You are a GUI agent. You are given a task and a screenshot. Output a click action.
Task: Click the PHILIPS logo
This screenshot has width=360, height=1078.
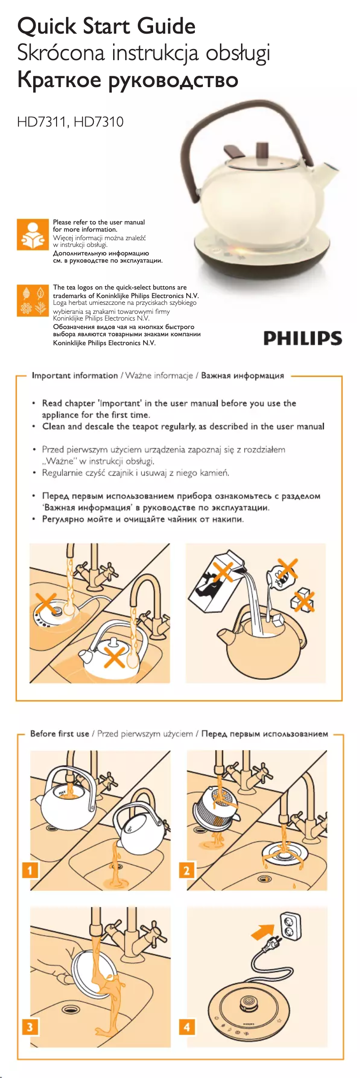[303, 338]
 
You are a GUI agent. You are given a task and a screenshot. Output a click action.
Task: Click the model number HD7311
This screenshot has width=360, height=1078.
[42, 122]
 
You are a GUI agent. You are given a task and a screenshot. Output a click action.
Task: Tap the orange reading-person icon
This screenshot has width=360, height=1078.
[33, 234]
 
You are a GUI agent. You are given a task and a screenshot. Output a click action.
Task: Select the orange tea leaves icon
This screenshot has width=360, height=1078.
[33, 300]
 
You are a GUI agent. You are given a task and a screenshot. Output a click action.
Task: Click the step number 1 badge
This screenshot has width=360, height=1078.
[30, 871]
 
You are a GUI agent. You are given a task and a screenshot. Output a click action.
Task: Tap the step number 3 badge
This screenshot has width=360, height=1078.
[30, 1027]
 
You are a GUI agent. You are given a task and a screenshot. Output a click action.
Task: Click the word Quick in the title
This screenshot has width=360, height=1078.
[47, 26]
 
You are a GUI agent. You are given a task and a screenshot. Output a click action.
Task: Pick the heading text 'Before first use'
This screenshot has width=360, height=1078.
[60, 734]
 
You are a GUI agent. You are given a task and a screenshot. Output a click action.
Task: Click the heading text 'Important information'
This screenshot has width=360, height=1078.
[75, 375]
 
